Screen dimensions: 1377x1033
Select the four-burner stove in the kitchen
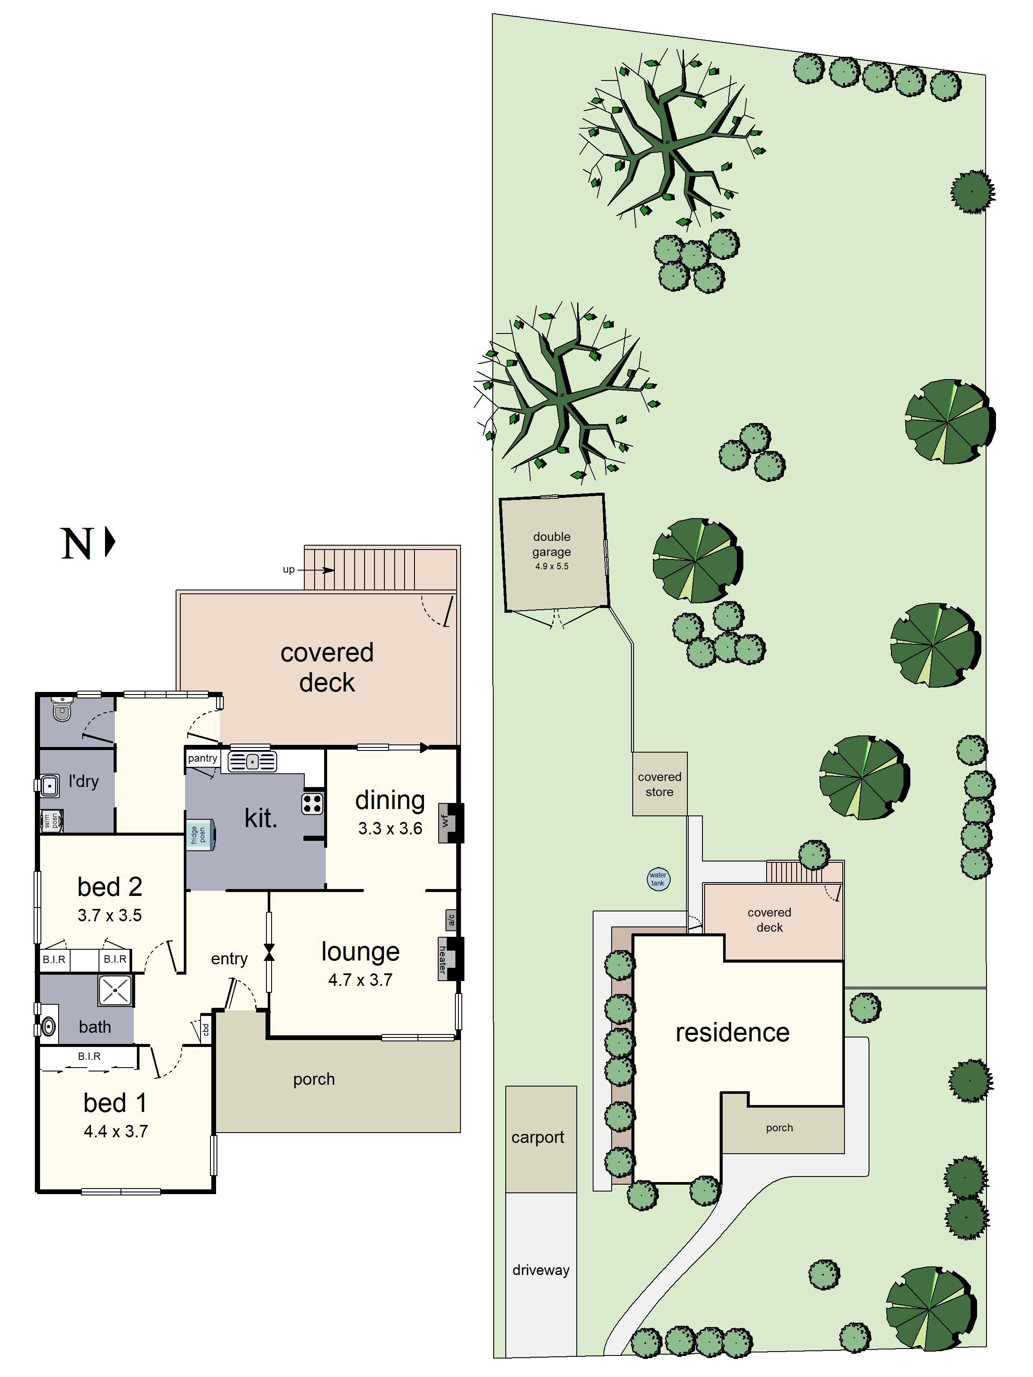312,804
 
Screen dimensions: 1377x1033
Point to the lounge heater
443,959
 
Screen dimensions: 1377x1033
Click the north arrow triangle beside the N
110,542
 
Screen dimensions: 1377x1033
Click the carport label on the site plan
537,1137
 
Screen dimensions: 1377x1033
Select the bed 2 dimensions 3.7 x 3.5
110,915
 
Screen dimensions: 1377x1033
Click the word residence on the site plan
732,1033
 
